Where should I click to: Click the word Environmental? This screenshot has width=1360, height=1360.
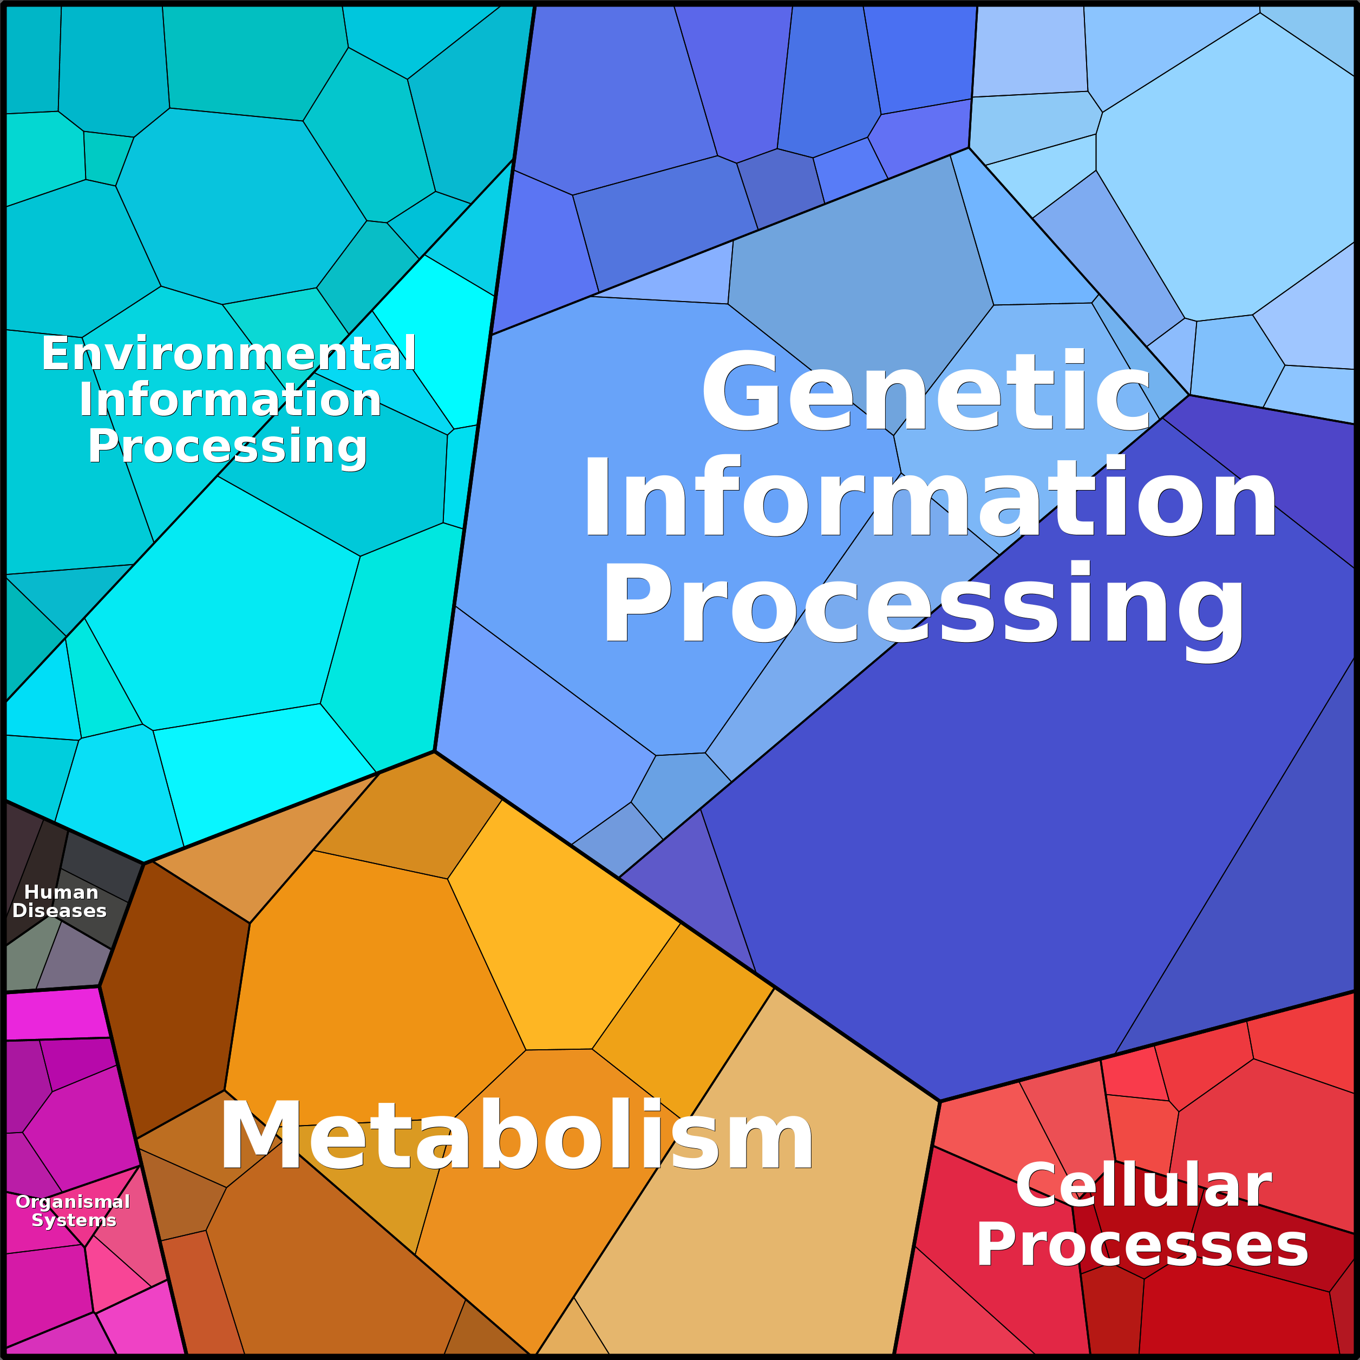(x=229, y=354)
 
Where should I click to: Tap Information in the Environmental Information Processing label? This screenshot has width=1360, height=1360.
(x=230, y=400)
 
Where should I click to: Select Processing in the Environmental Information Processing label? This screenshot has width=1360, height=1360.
(x=227, y=446)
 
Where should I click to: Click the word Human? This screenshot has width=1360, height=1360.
(x=61, y=893)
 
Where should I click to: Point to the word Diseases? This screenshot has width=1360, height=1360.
(x=60, y=911)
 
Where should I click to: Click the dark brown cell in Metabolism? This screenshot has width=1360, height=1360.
(x=176, y=999)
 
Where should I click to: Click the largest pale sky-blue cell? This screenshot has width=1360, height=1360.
(x=1225, y=176)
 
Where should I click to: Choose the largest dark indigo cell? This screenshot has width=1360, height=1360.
(x=985, y=845)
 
